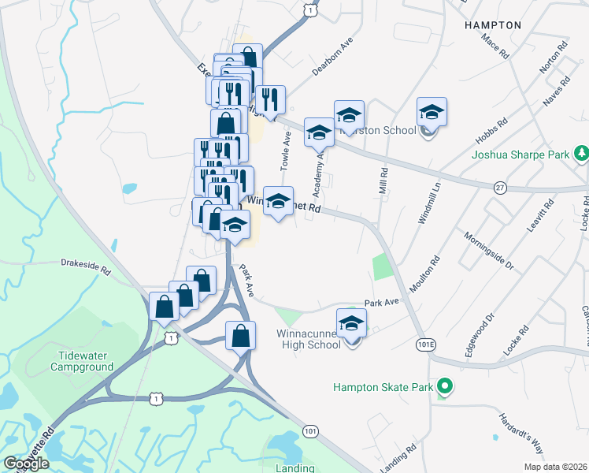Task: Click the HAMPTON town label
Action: (x=493, y=25)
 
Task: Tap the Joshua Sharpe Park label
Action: (x=520, y=155)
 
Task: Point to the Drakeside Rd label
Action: (x=86, y=266)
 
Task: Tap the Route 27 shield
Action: (x=499, y=187)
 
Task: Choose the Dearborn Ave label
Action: (x=332, y=57)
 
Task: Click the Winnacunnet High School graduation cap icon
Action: (x=351, y=322)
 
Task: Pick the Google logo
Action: (x=26, y=464)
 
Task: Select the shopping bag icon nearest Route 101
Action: (x=240, y=336)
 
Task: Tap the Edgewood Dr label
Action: (x=479, y=333)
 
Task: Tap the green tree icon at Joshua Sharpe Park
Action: (x=581, y=152)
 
